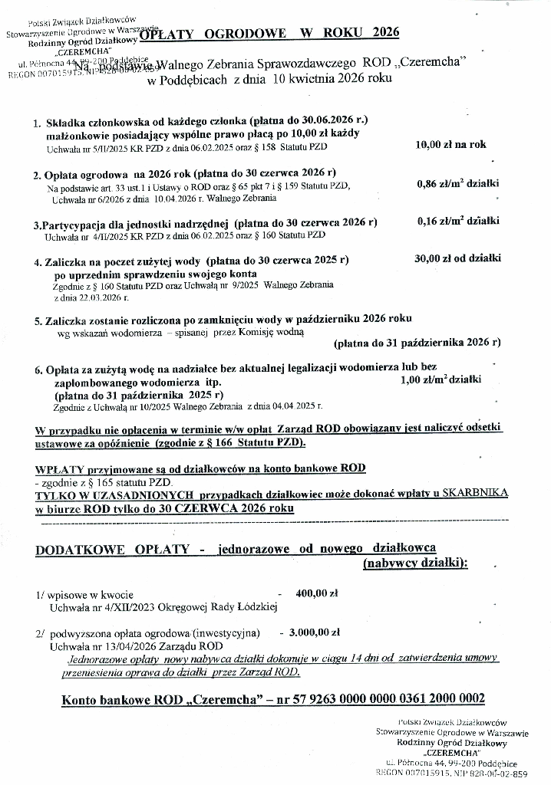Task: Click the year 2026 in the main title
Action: [x=384, y=33]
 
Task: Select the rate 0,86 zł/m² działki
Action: [x=457, y=184]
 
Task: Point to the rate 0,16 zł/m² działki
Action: [x=458, y=222]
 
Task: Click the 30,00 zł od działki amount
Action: [x=457, y=259]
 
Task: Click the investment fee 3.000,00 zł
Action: [x=314, y=633]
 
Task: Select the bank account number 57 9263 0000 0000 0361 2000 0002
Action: [x=373, y=699]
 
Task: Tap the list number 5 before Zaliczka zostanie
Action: [x=38, y=320]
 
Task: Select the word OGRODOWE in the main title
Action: [x=246, y=33]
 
